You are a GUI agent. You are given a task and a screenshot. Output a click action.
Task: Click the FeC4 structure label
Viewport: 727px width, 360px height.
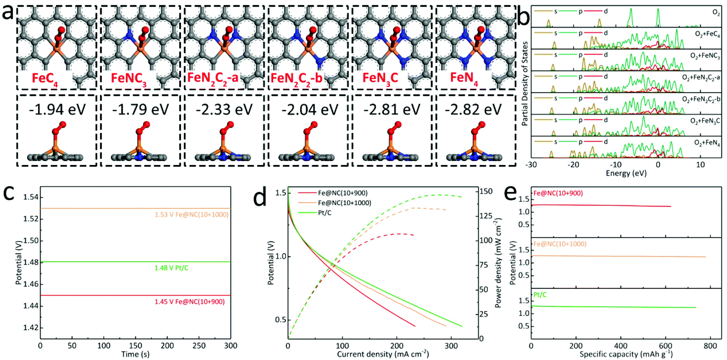click(45, 79)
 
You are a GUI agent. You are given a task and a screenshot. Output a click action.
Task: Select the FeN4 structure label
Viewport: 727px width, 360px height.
click(464, 78)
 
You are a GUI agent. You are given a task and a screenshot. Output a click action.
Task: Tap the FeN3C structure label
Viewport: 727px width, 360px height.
click(380, 78)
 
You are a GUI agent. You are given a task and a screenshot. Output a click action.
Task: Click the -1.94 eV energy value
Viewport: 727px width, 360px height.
click(57, 110)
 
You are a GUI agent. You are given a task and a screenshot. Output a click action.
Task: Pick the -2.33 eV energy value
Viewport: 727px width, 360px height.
click(224, 110)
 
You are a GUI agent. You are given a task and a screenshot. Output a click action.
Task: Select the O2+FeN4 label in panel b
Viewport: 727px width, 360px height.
click(707, 143)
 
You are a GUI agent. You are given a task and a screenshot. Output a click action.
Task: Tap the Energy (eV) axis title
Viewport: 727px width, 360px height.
click(626, 174)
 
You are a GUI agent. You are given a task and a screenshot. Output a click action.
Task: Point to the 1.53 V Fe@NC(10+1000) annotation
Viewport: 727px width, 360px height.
click(191, 215)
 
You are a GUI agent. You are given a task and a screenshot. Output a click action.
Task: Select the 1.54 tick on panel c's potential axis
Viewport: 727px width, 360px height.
click(31, 197)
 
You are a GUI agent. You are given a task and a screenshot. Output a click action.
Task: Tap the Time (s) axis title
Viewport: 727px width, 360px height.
click(135, 354)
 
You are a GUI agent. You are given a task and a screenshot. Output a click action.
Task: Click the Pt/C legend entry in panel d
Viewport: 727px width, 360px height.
click(325, 213)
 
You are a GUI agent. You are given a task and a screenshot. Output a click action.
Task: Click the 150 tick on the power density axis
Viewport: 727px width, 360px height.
click(486, 191)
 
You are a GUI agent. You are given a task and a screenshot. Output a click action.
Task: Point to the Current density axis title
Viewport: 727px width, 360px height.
click(383, 354)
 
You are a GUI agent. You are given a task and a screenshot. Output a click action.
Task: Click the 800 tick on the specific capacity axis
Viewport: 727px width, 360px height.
click(710, 346)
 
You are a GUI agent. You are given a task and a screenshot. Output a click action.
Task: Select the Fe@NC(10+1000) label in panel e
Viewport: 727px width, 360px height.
click(560, 244)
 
